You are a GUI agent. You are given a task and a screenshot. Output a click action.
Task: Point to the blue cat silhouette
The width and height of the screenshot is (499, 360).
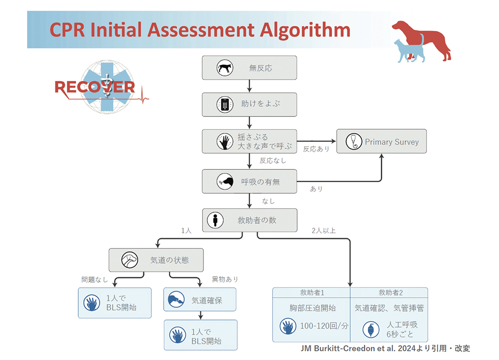(407, 50)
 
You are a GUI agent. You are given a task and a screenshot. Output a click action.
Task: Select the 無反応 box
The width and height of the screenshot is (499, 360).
(249, 67)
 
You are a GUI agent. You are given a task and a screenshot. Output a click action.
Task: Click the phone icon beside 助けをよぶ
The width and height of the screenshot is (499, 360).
(226, 104)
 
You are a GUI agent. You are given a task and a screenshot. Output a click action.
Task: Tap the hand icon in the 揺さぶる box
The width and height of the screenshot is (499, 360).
(225, 141)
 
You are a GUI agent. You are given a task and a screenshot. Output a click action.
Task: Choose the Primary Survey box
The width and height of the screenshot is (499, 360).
(382, 142)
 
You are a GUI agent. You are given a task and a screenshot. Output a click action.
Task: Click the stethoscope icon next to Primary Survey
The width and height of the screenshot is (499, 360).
(353, 142)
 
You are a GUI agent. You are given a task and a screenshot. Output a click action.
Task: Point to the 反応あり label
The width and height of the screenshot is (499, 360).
(316, 149)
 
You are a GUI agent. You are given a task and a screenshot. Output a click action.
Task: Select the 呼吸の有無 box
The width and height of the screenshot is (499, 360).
(249, 181)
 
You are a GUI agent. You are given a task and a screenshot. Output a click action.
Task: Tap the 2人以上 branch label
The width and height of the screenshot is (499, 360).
(323, 231)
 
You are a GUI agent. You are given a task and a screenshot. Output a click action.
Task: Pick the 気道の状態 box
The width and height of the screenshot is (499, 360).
(156, 260)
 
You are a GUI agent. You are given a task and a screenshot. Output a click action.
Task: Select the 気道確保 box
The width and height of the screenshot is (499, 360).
(200, 300)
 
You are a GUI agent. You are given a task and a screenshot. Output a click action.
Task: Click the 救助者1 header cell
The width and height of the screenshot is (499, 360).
(312, 292)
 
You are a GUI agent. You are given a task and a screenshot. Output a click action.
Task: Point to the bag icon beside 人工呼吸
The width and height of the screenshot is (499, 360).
(370, 329)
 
